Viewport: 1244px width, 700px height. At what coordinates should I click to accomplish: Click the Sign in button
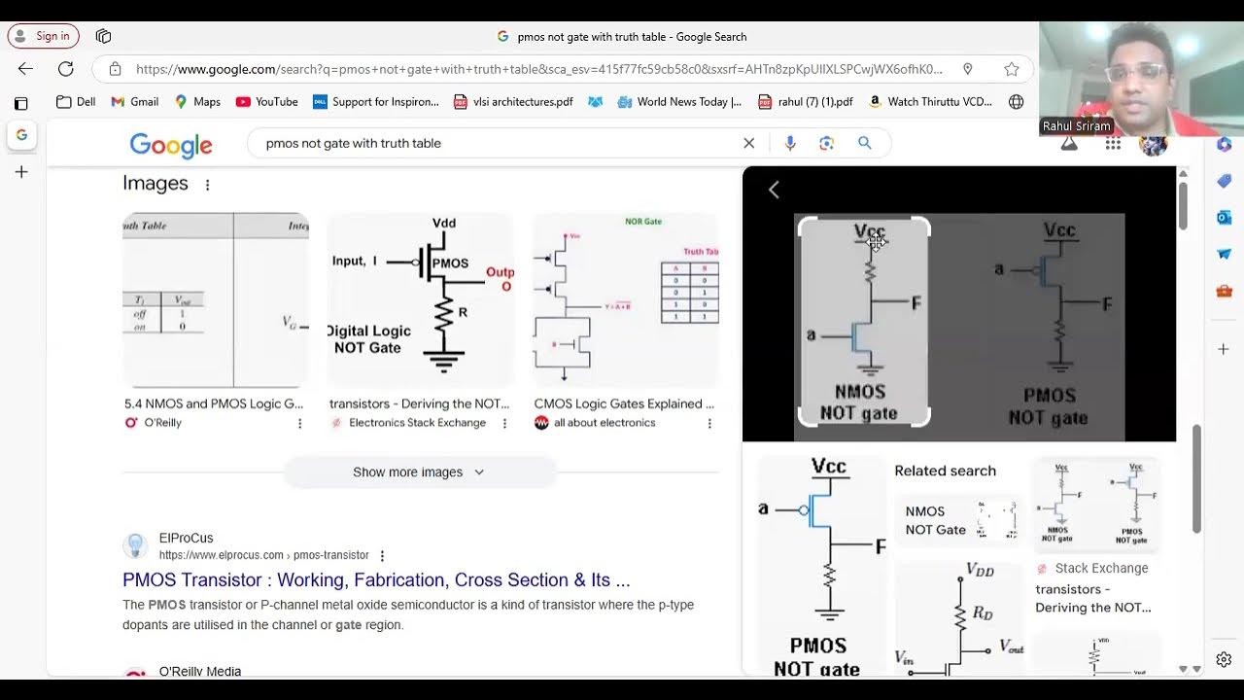click(43, 36)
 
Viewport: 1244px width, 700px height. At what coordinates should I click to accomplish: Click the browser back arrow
click(25, 69)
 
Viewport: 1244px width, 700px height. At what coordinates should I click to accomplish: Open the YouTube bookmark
click(266, 101)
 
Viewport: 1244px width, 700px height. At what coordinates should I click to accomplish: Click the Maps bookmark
click(197, 101)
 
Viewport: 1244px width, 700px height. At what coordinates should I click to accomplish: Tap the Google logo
click(171, 145)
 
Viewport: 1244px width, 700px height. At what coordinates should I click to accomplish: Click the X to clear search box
click(748, 143)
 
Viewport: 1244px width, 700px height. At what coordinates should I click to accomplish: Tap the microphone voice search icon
click(790, 143)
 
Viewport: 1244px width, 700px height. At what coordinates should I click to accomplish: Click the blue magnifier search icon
click(864, 143)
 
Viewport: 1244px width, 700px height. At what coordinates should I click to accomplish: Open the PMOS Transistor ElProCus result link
click(376, 579)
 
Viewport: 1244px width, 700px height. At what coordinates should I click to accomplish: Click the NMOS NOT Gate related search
click(936, 520)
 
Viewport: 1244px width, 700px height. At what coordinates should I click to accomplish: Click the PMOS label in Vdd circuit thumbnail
click(450, 263)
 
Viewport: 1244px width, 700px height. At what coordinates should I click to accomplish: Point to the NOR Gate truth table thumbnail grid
click(690, 292)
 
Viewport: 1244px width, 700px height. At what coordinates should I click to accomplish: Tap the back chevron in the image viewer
click(774, 190)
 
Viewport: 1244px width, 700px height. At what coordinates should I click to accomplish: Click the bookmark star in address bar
click(1011, 69)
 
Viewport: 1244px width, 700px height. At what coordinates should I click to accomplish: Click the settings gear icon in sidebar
click(1224, 660)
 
